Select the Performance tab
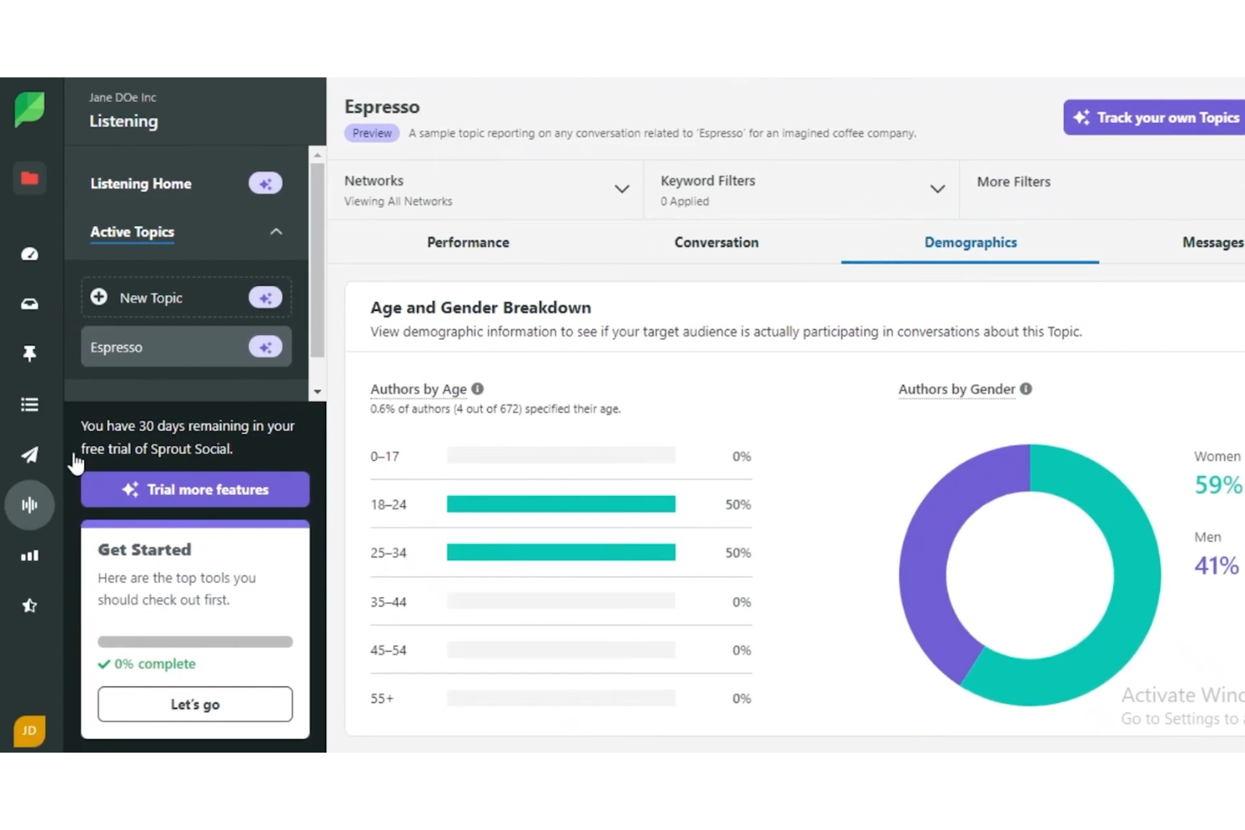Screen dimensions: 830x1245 coord(468,242)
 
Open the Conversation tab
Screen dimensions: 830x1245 coord(716,242)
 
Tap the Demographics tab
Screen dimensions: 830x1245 coord(970,242)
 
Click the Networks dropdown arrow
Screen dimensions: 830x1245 coord(622,189)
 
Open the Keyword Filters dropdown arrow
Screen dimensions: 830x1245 coord(937,189)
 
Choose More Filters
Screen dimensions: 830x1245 coord(1013,182)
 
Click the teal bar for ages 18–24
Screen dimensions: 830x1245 coord(560,504)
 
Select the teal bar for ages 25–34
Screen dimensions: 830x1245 coord(560,552)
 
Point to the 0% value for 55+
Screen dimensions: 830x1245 coord(741,698)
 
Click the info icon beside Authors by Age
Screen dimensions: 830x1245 coord(478,389)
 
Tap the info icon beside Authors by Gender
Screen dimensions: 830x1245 coord(1025,389)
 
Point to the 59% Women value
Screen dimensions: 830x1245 coord(1217,484)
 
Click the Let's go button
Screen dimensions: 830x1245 coord(195,704)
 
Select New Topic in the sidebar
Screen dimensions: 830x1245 coord(151,298)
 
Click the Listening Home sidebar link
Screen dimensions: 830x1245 coord(140,183)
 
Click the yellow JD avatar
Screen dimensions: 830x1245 coord(29,730)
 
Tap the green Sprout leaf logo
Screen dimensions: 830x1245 coord(29,109)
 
